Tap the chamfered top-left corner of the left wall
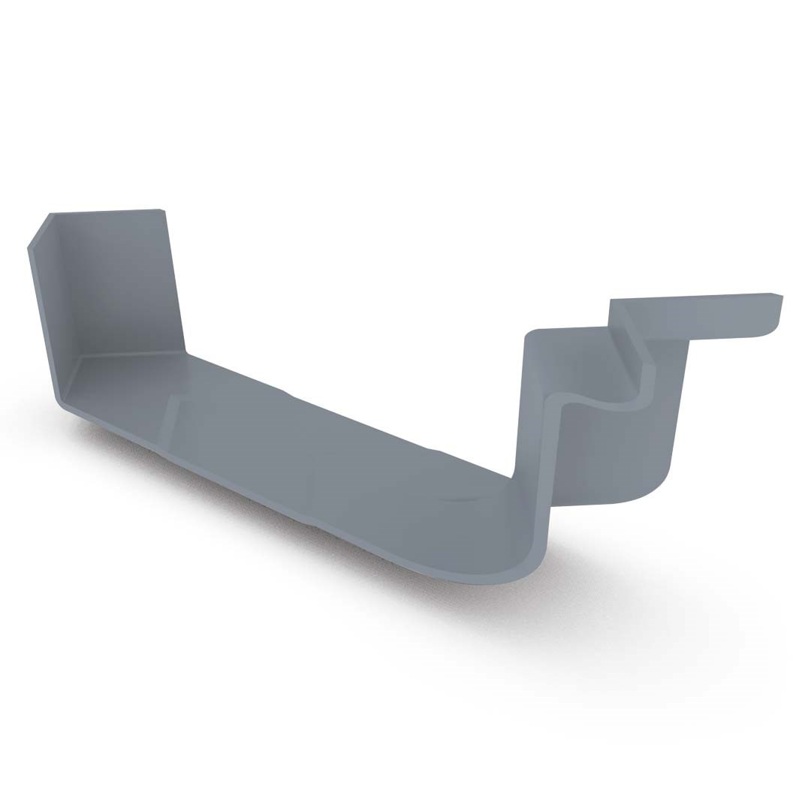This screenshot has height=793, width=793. [x=39, y=230]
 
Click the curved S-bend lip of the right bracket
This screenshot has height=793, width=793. [x=601, y=402]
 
